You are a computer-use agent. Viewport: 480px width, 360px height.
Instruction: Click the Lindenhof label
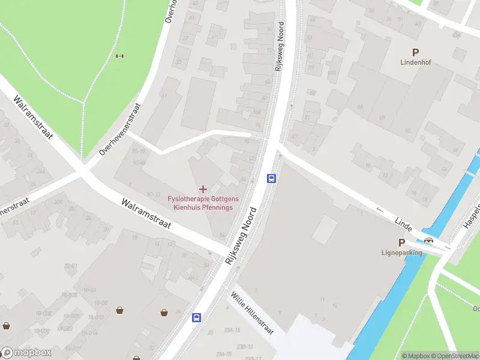tap(414, 62)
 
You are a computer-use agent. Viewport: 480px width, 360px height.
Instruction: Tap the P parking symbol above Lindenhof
tap(414, 52)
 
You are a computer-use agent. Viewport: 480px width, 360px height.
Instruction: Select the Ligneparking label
tap(402, 253)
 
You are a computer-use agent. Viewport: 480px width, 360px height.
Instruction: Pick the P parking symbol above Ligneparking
tap(401, 243)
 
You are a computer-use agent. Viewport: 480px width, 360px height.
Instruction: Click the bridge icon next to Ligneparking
tap(429, 241)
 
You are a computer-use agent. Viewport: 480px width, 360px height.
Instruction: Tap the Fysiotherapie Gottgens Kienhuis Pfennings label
tap(203, 203)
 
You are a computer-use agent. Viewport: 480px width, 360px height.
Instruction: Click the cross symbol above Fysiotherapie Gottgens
tap(203, 189)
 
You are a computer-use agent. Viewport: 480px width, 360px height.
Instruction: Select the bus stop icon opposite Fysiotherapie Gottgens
tap(271, 178)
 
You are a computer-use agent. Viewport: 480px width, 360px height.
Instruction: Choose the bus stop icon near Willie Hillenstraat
tap(196, 317)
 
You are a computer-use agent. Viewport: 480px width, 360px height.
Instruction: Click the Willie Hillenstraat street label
tap(253, 313)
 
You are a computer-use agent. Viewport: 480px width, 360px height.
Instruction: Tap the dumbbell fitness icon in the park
tap(119, 56)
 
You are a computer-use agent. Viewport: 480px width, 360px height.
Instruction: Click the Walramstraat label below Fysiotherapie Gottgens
tap(146, 214)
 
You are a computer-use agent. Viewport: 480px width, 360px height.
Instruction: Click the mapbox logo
tap(26, 353)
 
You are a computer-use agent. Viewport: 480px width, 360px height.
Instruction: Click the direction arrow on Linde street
tap(379, 209)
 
